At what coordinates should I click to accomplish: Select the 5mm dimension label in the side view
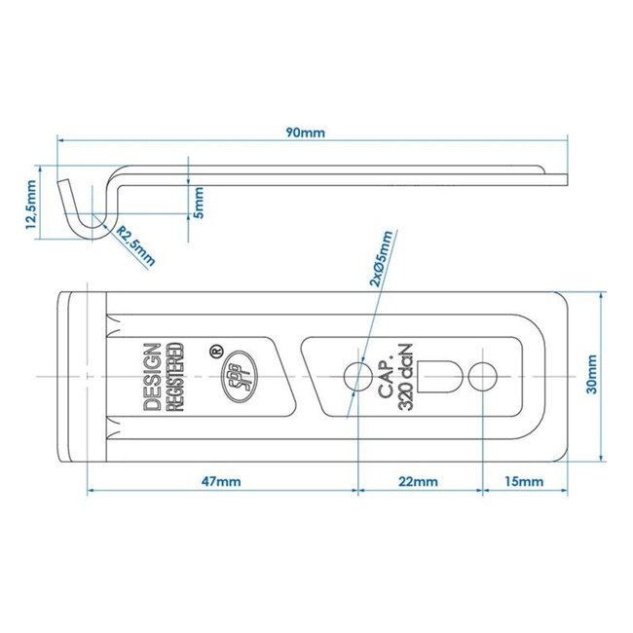coord(200,202)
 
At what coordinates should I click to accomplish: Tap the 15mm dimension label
coord(524,481)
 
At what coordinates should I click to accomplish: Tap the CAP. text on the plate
coord(387,376)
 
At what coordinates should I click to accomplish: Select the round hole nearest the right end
coord(482,376)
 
